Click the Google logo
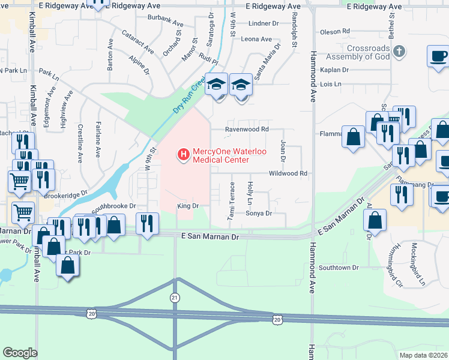click(20, 352)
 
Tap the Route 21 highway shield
click(175, 298)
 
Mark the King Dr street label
click(187, 206)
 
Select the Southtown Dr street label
click(339, 267)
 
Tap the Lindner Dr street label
click(264, 23)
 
